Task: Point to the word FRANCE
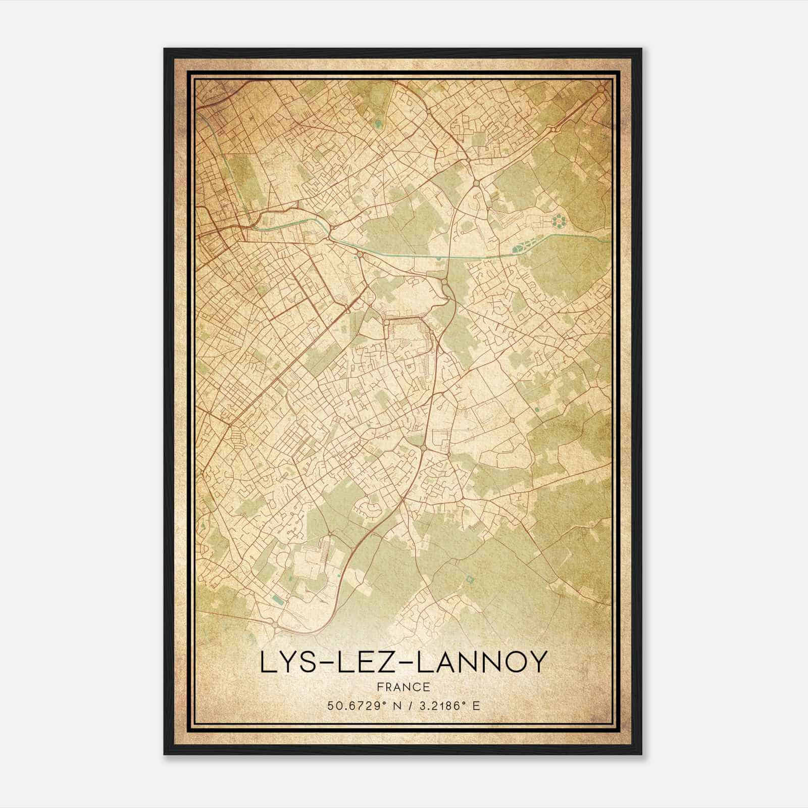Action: [x=403, y=687]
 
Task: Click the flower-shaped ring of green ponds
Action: [x=559, y=221]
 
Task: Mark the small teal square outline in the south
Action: [x=471, y=580]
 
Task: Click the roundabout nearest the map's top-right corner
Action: [x=601, y=89]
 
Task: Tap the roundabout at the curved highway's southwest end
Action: [x=274, y=625]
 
